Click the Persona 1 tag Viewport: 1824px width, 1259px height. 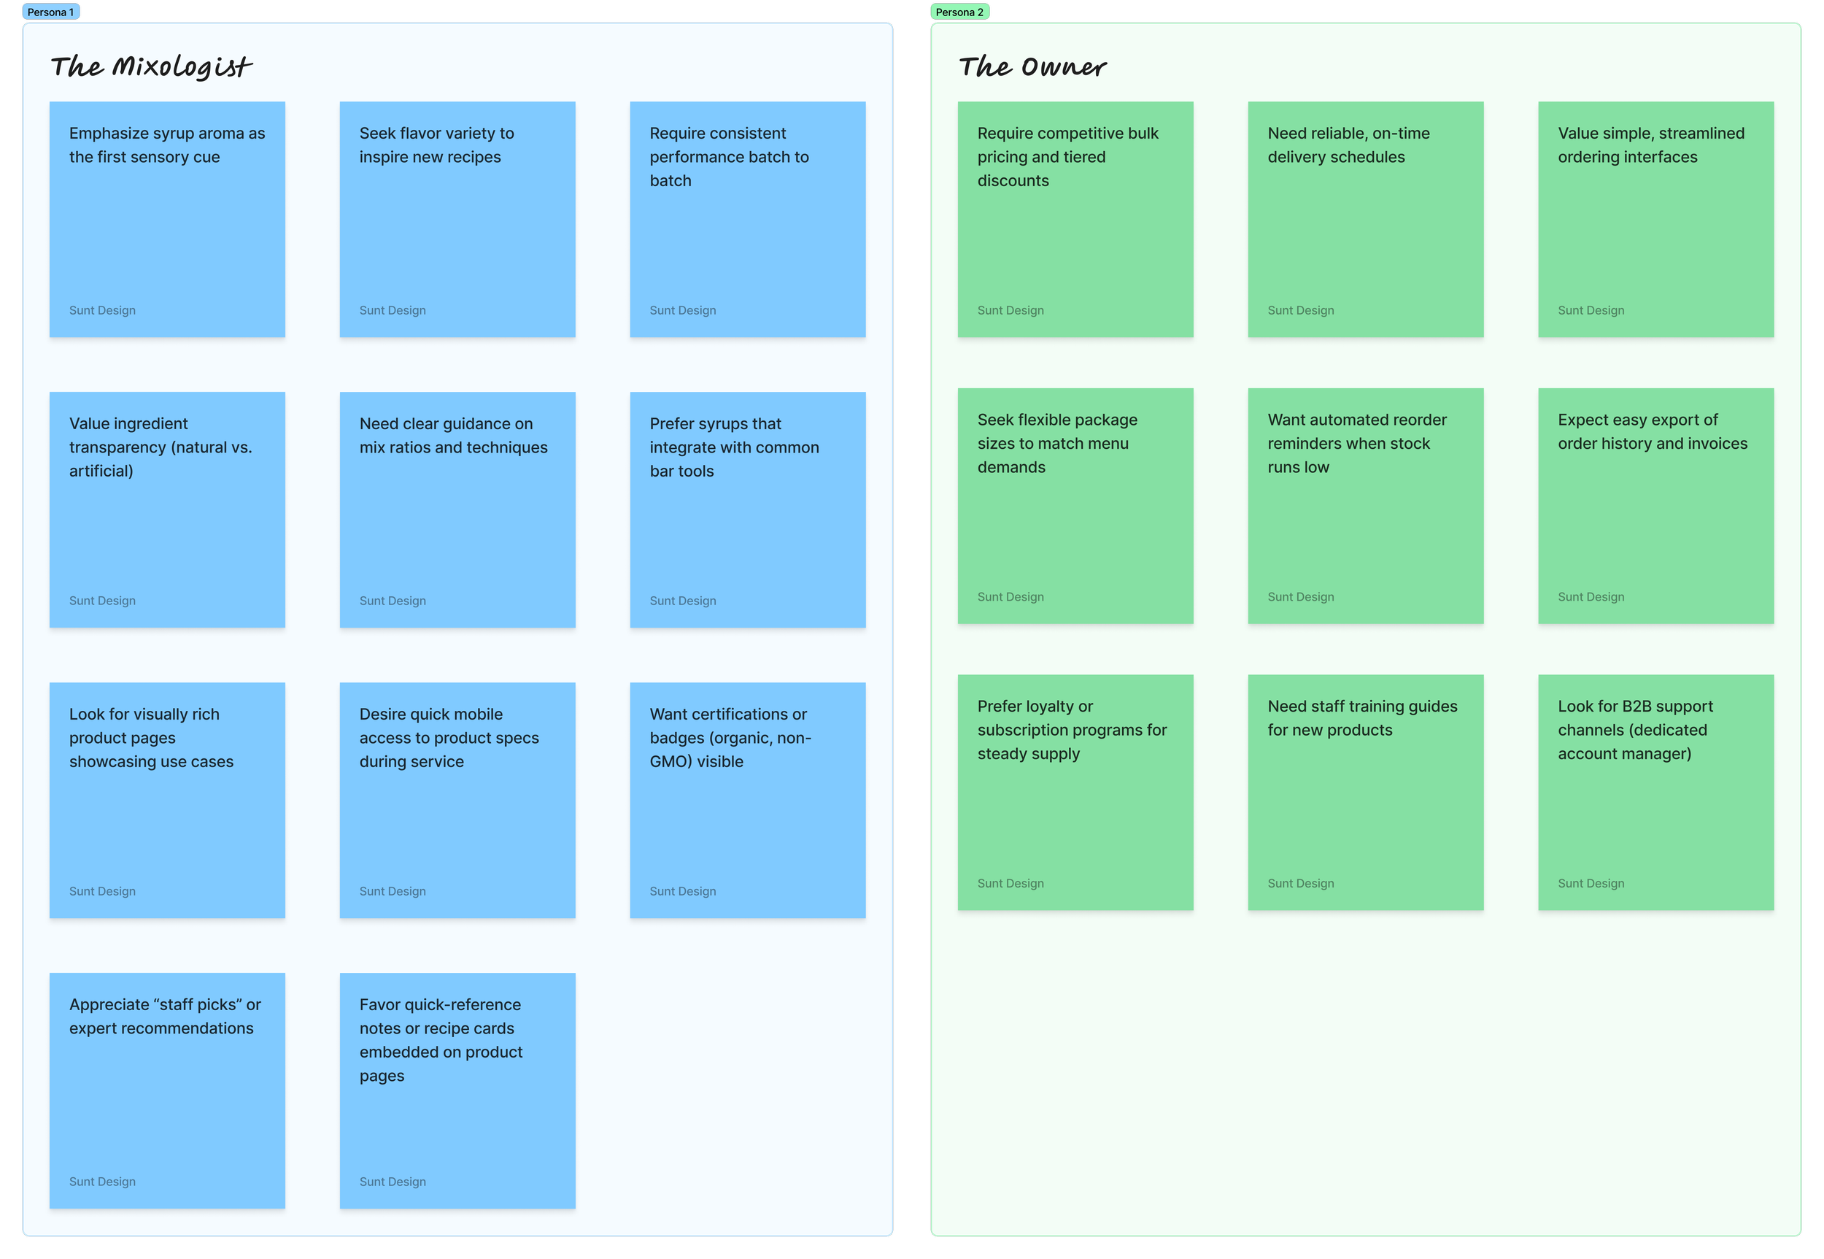pos(50,12)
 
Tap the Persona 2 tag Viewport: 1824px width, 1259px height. pos(959,12)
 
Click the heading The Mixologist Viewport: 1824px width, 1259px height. pos(152,67)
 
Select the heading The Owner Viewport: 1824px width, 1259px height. pos(1032,67)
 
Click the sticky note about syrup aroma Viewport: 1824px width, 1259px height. pos(167,219)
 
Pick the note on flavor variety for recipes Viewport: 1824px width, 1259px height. pos(457,219)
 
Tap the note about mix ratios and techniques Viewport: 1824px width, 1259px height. pos(457,509)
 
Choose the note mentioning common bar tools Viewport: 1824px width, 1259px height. pos(748,509)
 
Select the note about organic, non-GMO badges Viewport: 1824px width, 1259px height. pos(748,800)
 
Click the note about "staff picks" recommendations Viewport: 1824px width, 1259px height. pos(167,1090)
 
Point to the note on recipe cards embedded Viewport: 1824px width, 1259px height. pos(457,1090)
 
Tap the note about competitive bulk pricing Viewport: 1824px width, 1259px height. pos(1075,219)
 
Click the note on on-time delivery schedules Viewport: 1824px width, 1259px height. pos(1366,219)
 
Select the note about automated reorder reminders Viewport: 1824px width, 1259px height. pos(1366,506)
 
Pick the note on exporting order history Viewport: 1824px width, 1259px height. pos(1656,506)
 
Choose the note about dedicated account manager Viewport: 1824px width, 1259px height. pos(1656,792)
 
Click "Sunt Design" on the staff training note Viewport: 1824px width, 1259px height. pos(1301,884)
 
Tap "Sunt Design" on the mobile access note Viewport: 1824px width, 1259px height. pos(393,891)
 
